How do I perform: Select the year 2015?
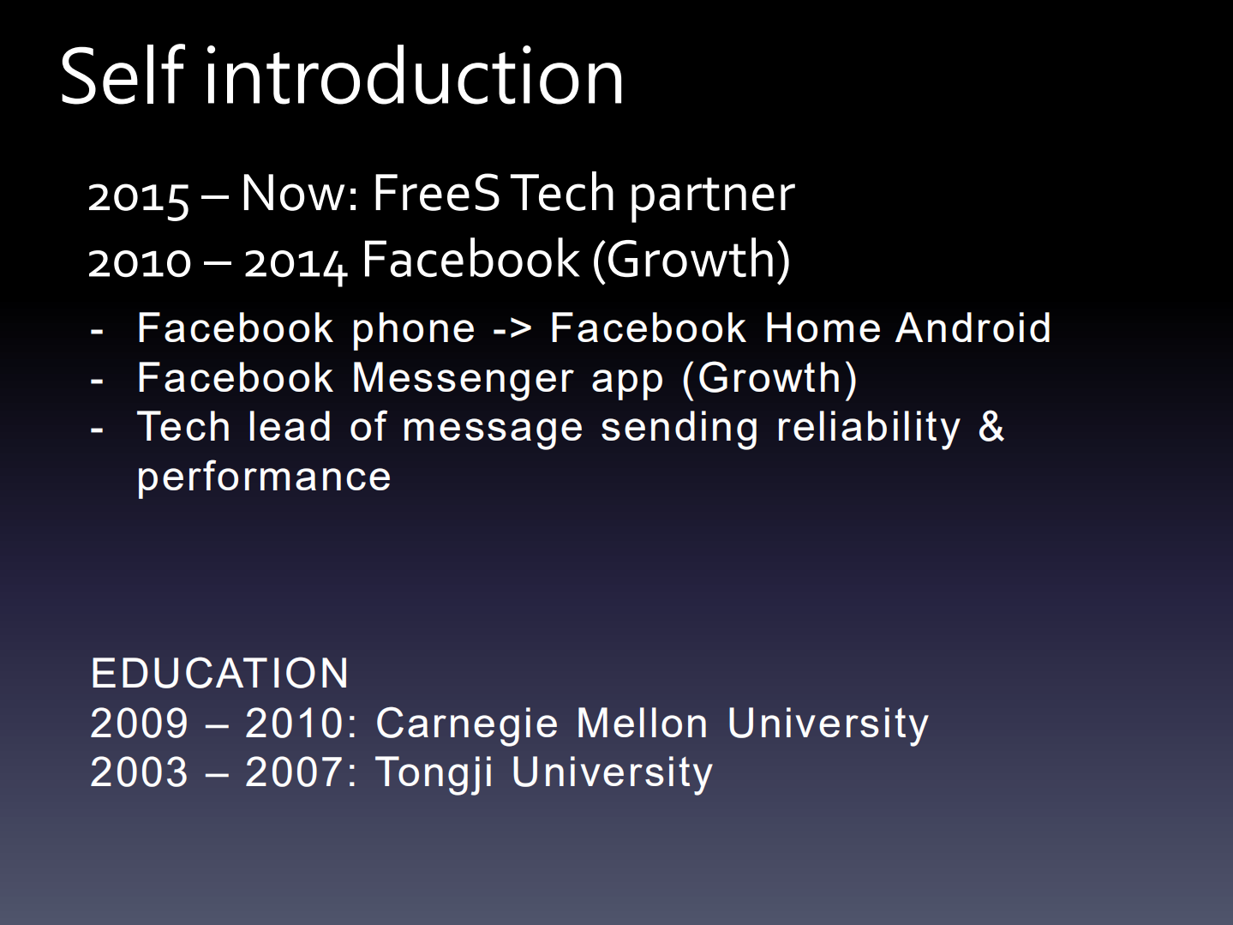point(138,196)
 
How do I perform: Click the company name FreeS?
point(436,193)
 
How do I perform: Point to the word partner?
point(712,196)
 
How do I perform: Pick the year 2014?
point(296,261)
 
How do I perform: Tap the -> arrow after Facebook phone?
point(512,329)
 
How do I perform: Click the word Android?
point(973,328)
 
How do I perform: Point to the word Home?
point(823,328)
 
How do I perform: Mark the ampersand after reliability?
point(991,427)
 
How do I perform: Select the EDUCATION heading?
point(220,674)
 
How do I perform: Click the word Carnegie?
point(468,724)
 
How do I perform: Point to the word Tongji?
point(434,773)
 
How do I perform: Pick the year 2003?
point(139,772)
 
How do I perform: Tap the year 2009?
point(139,724)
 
